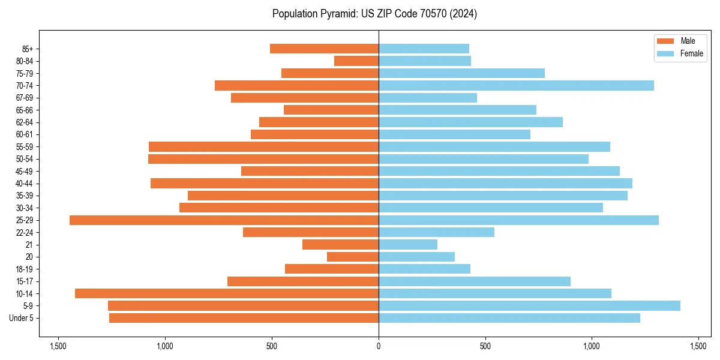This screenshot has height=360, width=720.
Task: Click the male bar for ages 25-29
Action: [x=224, y=220]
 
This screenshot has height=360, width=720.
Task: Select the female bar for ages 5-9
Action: [x=529, y=306]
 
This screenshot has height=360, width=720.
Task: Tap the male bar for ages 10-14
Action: [x=227, y=293]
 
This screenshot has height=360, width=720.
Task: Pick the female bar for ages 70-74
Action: [x=516, y=86]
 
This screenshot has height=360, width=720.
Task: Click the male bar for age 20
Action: [x=353, y=257]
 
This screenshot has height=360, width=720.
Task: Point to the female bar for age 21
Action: [x=408, y=245]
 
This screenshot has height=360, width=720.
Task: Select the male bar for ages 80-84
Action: [x=356, y=61]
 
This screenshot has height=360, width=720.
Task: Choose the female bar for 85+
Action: [x=424, y=49]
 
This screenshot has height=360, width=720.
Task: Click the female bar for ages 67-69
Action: [x=428, y=98]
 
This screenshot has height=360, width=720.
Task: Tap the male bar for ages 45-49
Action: [x=310, y=171]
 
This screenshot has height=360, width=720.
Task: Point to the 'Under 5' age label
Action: [x=21, y=318]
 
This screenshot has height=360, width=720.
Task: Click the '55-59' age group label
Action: [x=25, y=147]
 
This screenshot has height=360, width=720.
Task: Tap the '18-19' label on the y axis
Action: [x=25, y=269]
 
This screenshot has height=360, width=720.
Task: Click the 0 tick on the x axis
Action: [x=379, y=346]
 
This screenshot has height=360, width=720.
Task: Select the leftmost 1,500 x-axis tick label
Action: [x=58, y=346]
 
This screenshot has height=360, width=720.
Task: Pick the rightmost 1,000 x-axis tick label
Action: [x=592, y=346]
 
